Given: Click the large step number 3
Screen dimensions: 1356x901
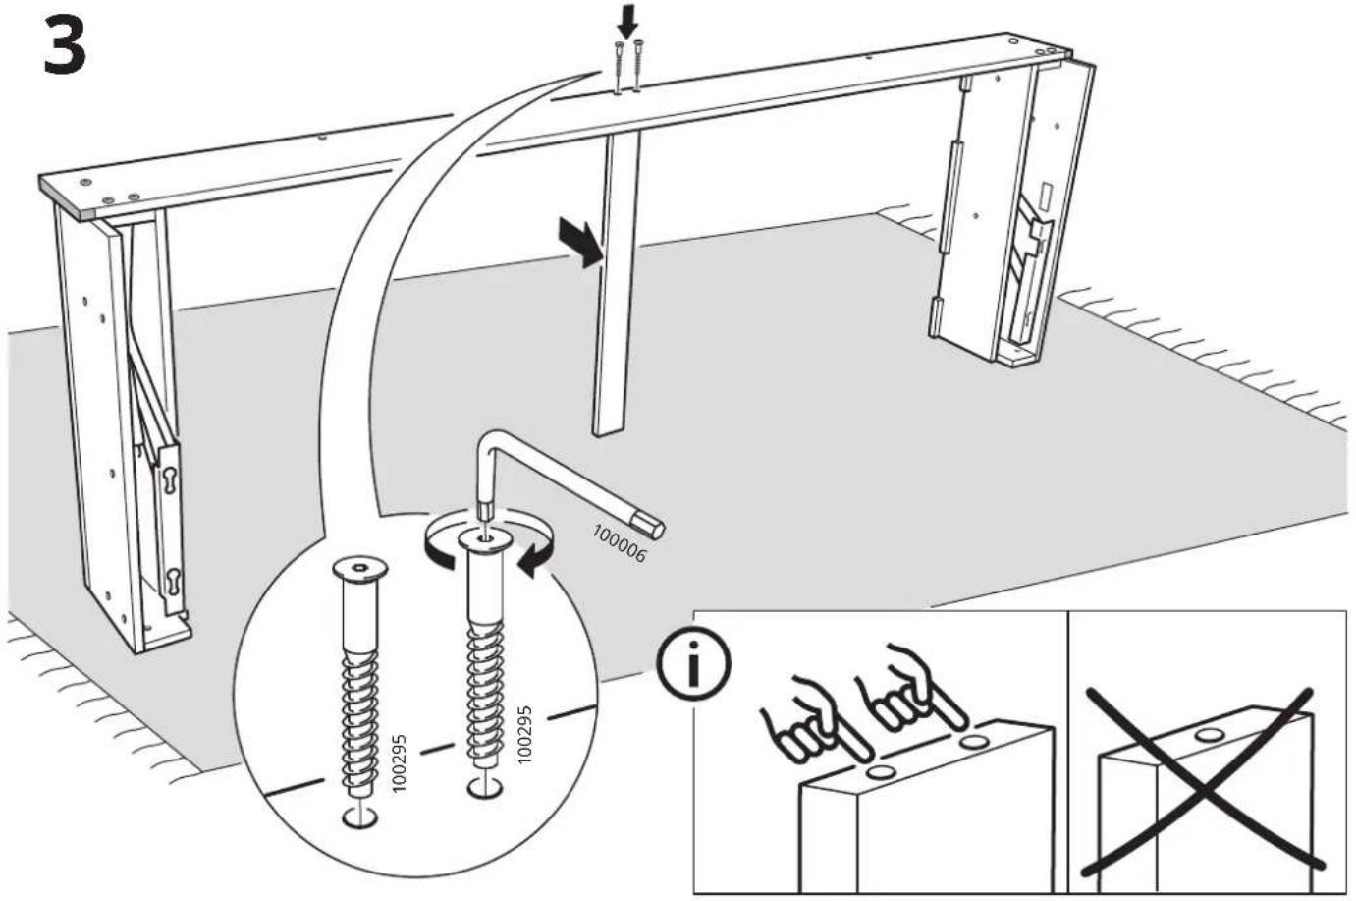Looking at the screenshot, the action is tap(66, 45).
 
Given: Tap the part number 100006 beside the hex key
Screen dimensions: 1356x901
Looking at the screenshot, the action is tap(619, 543).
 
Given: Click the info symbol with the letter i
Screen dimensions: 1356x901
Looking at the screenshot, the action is tap(694, 664).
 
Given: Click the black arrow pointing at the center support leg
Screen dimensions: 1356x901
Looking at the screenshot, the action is tap(580, 242).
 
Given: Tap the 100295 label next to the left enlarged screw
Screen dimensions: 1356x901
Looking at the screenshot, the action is tap(399, 762).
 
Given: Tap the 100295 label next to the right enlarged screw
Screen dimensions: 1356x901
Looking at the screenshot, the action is tap(524, 734).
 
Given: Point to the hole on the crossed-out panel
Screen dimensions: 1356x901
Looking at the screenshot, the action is tap(1210, 735).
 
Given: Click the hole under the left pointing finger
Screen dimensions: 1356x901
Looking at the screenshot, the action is tap(881, 772).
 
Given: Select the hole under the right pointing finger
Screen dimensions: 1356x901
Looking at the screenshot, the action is tap(974, 741).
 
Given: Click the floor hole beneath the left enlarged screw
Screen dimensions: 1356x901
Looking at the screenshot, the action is tap(360, 817).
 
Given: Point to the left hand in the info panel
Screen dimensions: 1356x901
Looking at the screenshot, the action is tap(814, 723).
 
